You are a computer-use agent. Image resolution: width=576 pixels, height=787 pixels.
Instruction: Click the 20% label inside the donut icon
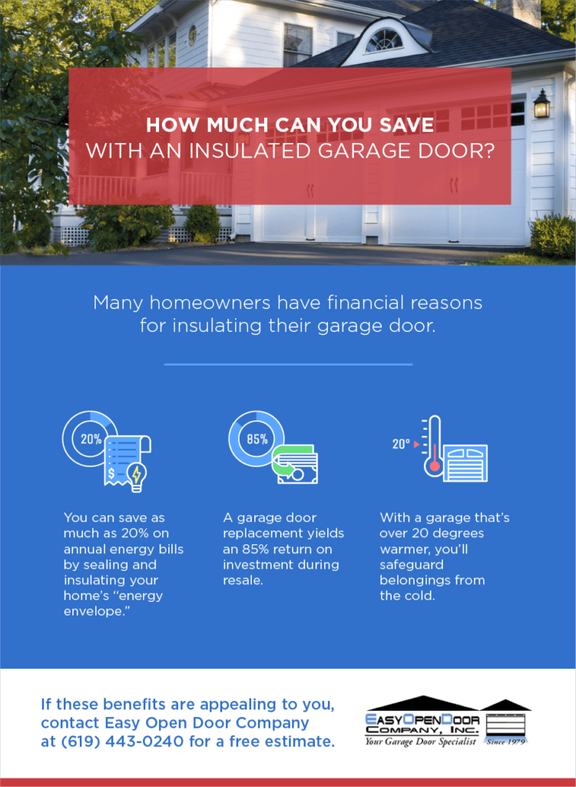[91, 440]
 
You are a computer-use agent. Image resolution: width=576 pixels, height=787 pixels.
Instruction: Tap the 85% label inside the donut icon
[257, 440]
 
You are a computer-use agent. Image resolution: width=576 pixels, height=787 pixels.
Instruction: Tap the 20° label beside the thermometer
[401, 444]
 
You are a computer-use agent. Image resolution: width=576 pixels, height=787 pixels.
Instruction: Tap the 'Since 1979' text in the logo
[506, 742]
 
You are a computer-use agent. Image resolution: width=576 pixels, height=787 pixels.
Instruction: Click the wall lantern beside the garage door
[541, 104]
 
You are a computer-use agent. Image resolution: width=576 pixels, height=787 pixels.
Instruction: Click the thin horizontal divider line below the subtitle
[288, 364]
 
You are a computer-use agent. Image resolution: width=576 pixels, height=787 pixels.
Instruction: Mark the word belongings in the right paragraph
[418, 580]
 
